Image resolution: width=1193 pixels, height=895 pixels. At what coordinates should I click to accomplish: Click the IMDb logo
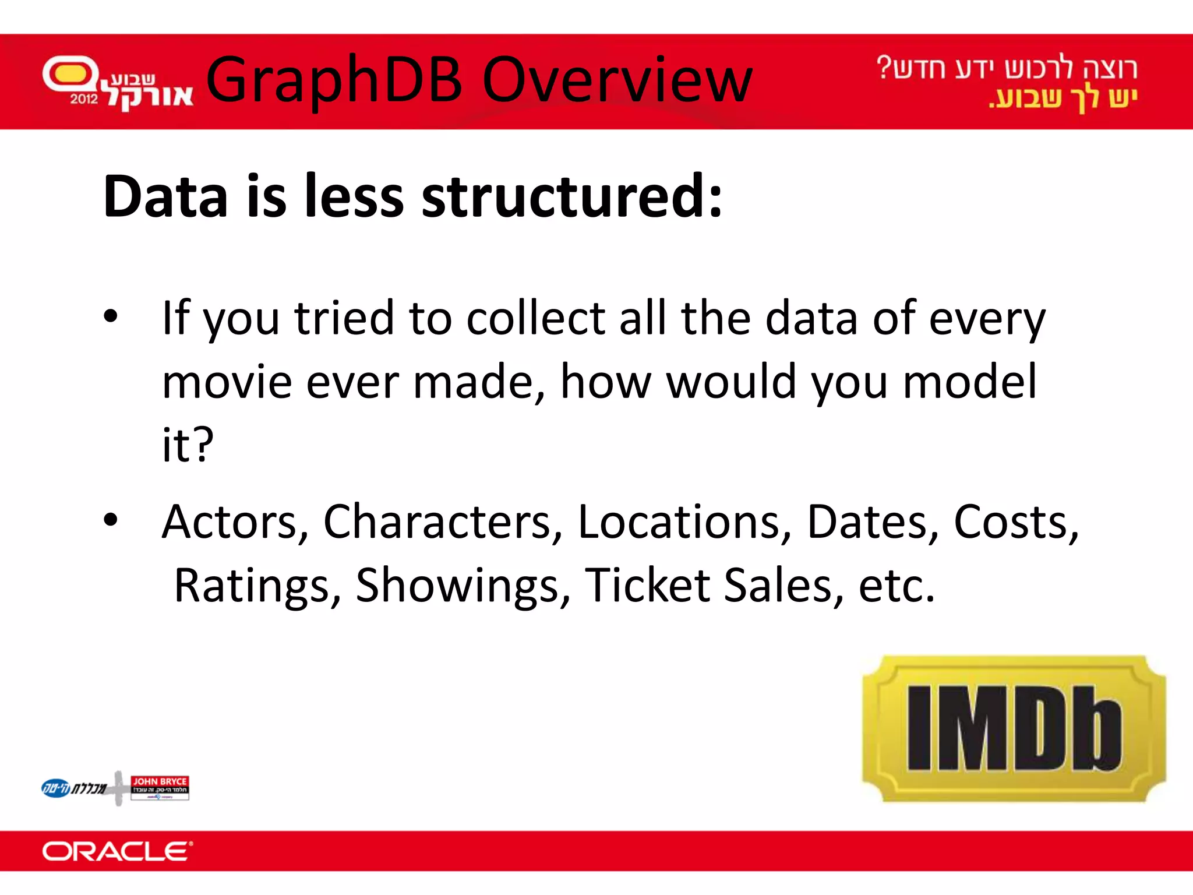(1014, 728)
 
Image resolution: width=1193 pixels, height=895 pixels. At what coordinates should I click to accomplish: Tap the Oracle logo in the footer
(117, 851)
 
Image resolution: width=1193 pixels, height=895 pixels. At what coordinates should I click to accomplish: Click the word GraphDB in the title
(334, 80)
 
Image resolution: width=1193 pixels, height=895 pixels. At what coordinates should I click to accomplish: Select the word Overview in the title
(617, 80)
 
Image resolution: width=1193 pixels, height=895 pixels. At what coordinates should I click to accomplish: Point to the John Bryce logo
(160, 787)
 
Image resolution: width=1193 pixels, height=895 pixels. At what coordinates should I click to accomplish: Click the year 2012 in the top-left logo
(84, 99)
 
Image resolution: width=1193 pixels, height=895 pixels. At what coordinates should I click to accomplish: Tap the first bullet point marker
(110, 316)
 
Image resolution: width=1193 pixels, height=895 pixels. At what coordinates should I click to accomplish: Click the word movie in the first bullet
(227, 382)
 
